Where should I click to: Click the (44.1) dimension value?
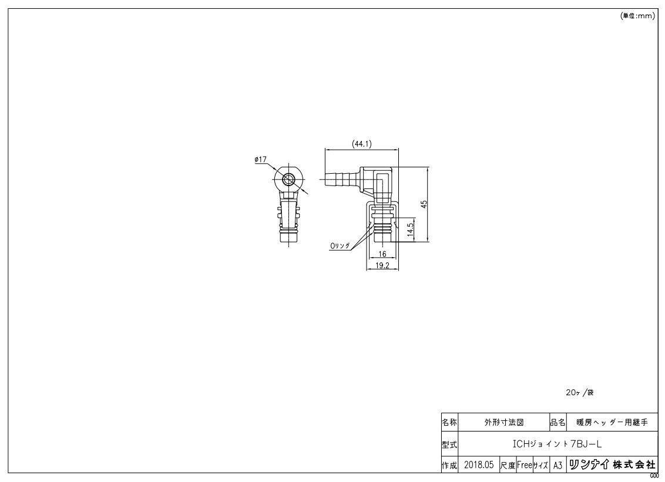361,143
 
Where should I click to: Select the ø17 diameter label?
261,159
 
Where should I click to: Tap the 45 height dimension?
424,204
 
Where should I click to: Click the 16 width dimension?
382,254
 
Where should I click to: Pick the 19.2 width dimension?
382,266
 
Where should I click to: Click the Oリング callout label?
340,247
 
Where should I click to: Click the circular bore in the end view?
288,180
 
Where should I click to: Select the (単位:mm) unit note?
637,16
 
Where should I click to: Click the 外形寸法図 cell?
503,422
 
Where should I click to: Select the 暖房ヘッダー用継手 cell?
611,422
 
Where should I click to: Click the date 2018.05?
478,465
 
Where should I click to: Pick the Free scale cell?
524,465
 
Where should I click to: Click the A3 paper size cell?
558,465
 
